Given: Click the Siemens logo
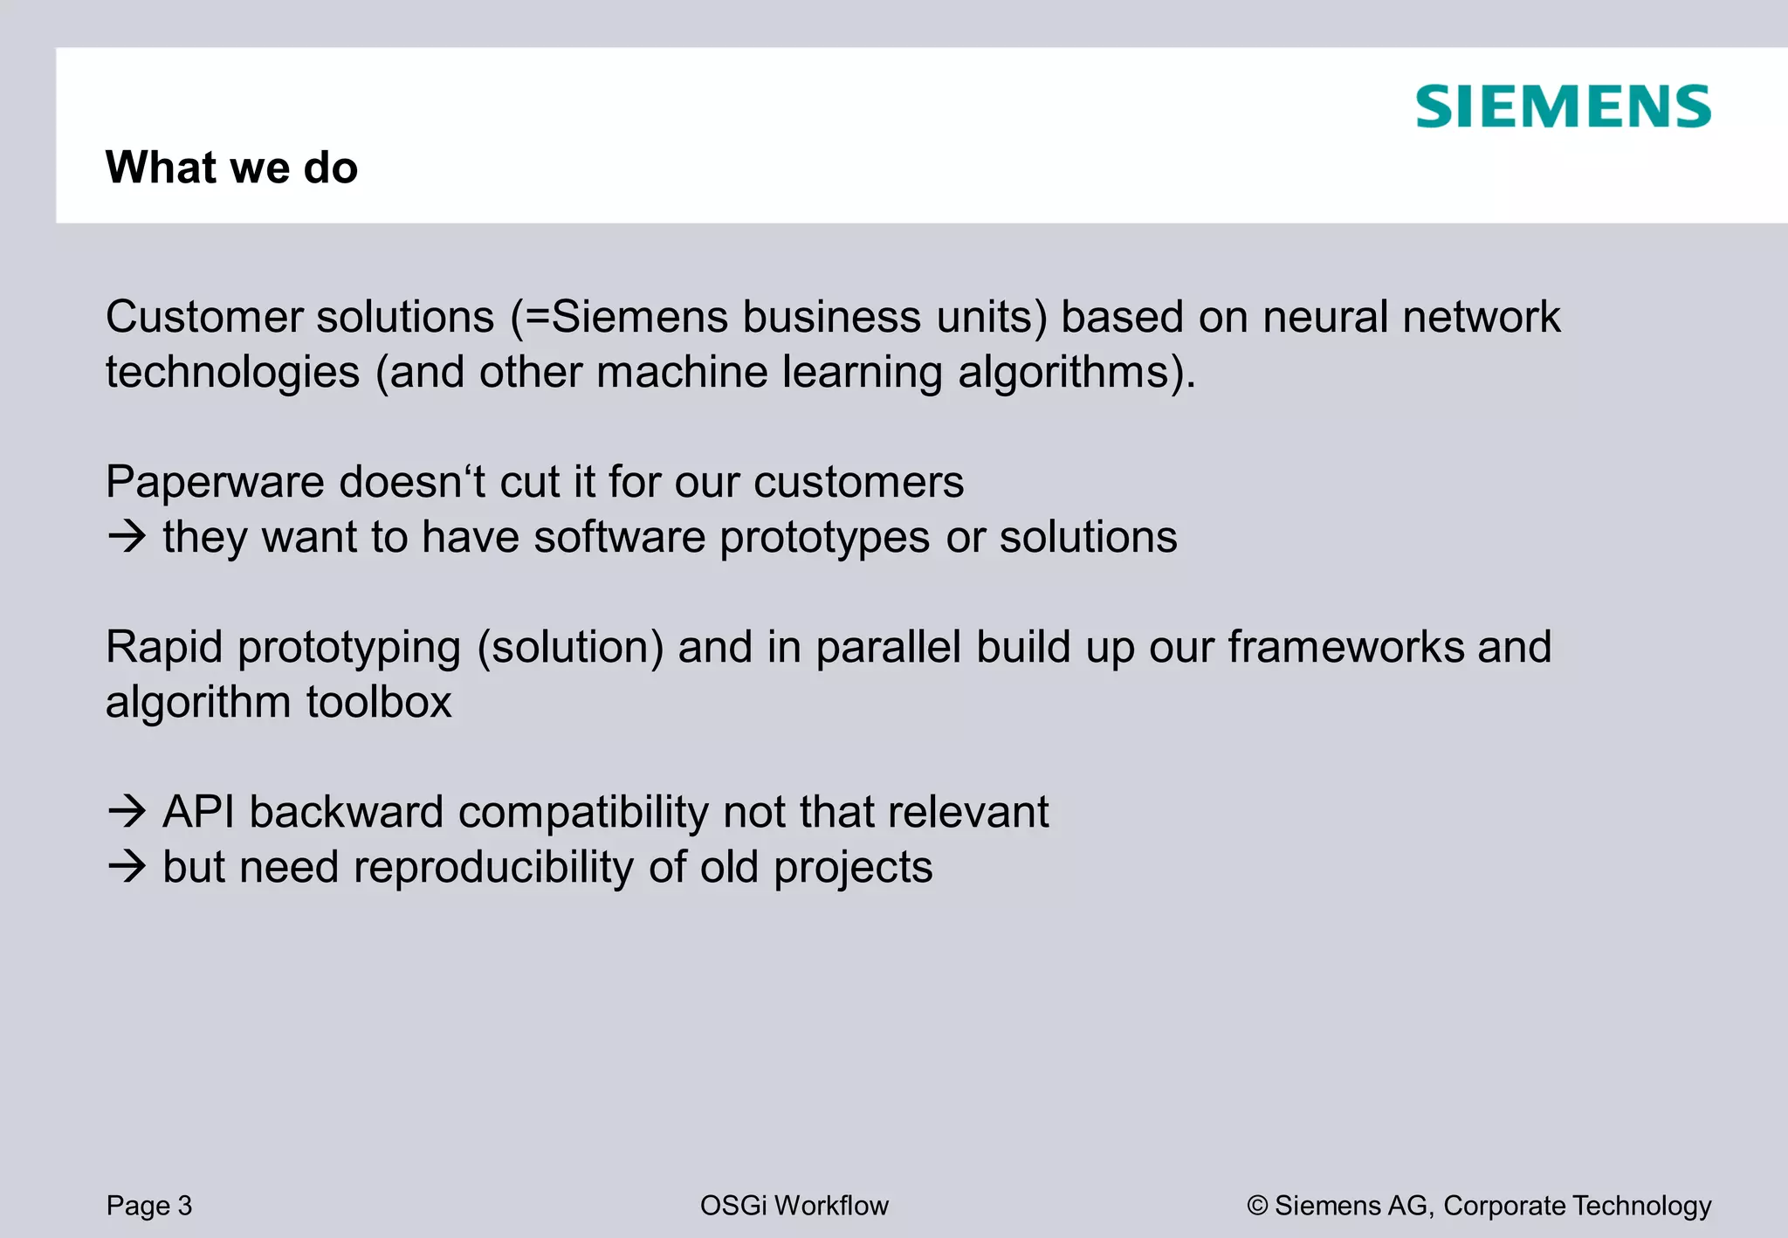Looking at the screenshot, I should tap(1563, 107).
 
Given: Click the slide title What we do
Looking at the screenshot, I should tap(231, 167).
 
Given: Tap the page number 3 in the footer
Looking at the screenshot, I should tap(184, 1206).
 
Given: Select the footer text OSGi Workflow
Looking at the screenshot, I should tap(794, 1206).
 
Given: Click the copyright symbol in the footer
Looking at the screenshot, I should tap(1257, 1206).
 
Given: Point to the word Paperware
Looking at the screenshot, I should tap(215, 482).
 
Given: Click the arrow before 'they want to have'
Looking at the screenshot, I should tap(127, 536).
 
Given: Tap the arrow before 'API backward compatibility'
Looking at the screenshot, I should tap(127, 811).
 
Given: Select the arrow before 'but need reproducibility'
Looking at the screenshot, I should tap(127, 866).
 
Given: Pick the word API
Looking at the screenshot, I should tap(198, 812).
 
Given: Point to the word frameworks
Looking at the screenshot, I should tap(1346, 647).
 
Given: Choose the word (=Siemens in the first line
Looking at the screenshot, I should tap(619, 317).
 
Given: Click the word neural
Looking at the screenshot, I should tap(1324, 317).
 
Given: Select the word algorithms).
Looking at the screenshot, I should tap(1076, 373).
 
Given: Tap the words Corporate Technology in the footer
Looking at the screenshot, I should tap(1577, 1206).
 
